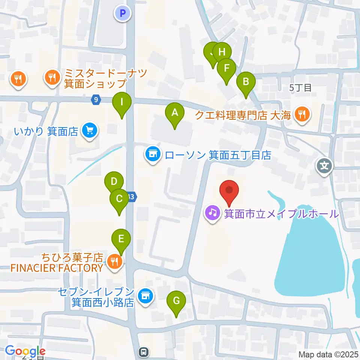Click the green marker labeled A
tap(174, 113)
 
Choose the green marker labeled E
tap(121, 239)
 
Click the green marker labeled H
tap(222, 52)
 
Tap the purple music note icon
tap(212, 213)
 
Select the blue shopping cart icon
tap(89, 131)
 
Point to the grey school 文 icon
tap(324, 165)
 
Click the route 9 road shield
tap(96, 100)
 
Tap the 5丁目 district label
tap(301, 88)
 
